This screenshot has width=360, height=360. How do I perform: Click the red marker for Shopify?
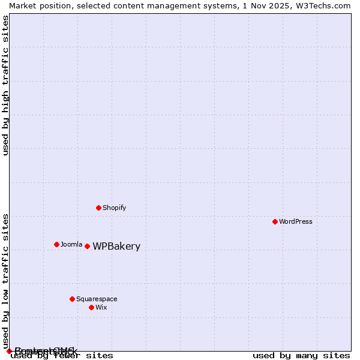[98, 208]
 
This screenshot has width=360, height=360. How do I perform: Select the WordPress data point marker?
[275, 221]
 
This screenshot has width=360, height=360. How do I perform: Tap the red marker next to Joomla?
[56, 244]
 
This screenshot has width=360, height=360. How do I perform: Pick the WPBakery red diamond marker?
[87, 246]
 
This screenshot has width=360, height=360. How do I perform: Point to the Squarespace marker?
[72, 299]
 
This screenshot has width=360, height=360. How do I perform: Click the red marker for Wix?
[91, 307]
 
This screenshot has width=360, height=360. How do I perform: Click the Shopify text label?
[114, 208]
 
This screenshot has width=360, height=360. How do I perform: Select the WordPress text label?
[296, 221]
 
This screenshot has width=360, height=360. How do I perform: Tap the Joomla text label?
[71, 244]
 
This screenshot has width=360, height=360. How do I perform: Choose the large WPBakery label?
[116, 247]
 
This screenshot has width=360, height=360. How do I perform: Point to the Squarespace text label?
[97, 299]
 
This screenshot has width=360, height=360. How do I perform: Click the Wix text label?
[101, 307]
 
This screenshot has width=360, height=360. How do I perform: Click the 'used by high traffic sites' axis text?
[5, 85]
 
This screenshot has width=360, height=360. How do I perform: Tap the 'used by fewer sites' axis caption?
[62, 355]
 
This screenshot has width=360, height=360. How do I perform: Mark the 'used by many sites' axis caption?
[301, 355]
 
